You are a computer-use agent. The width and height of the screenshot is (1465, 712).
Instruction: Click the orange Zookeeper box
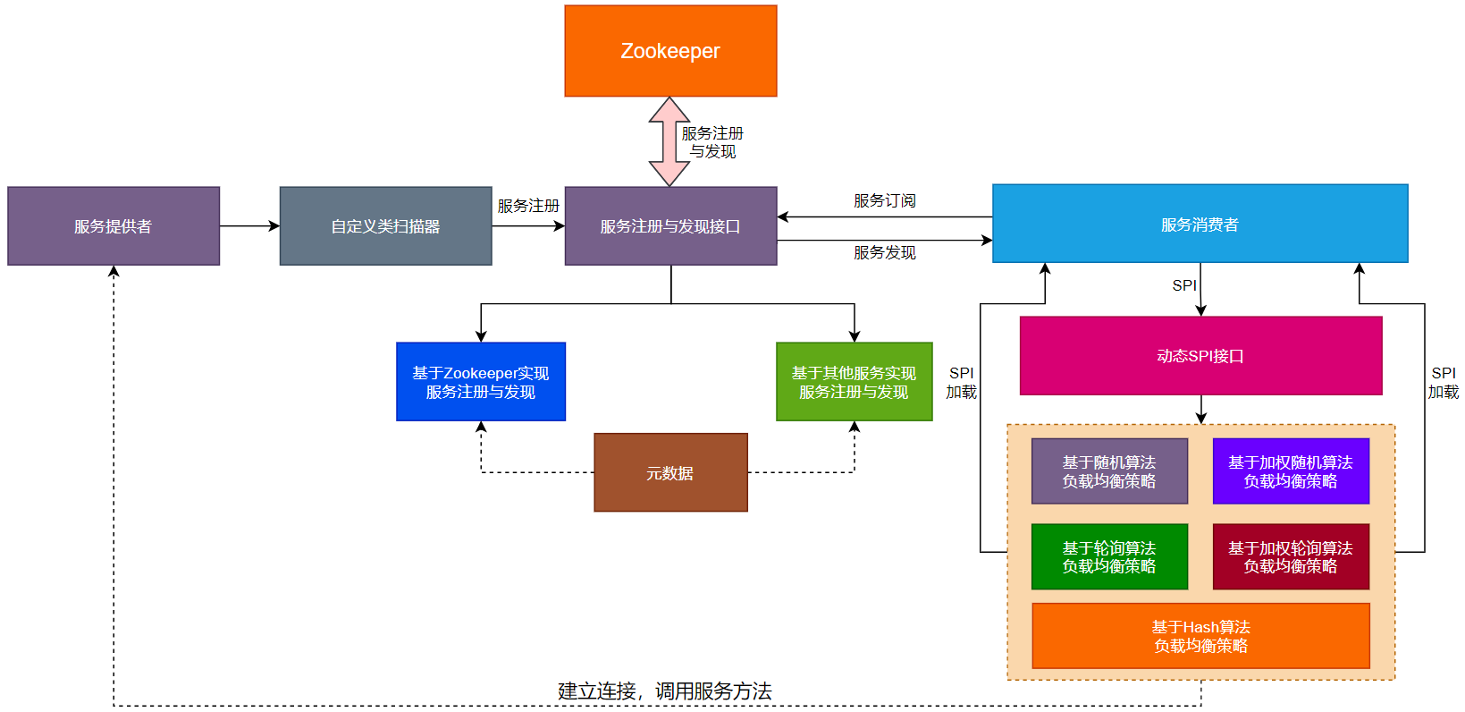tap(670, 51)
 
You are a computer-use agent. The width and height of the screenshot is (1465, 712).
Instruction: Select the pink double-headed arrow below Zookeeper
tap(669, 141)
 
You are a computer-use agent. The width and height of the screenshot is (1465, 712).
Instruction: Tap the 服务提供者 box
tap(114, 226)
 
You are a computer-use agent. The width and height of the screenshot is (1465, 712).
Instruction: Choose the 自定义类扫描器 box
tap(385, 226)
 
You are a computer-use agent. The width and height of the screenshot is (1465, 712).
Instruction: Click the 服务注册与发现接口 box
tap(670, 226)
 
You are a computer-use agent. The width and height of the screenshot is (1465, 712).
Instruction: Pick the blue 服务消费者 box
tap(1200, 224)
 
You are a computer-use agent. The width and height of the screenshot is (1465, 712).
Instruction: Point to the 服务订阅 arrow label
tap(884, 200)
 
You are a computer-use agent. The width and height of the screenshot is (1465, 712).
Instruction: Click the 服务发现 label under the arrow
tap(884, 252)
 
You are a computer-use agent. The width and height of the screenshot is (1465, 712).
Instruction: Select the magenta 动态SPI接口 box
tap(1200, 355)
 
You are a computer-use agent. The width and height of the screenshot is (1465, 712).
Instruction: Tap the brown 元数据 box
tap(670, 472)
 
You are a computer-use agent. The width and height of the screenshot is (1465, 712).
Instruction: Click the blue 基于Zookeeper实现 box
tap(481, 382)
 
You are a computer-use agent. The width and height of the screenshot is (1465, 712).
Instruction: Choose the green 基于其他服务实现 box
tap(854, 382)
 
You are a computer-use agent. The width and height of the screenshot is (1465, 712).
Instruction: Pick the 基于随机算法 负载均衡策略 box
tap(1109, 471)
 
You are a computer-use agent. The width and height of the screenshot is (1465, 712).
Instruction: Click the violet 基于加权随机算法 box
tap(1290, 471)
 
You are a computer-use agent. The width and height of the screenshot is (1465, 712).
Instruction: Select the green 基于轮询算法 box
tap(1109, 556)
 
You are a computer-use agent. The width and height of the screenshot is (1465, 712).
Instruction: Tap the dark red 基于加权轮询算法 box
tap(1290, 556)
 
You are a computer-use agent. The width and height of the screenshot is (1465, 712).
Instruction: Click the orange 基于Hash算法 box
tap(1200, 636)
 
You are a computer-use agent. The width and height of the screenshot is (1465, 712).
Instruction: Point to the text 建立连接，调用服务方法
tap(664, 691)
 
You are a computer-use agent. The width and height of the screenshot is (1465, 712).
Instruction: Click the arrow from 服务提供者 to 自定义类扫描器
tap(249, 226)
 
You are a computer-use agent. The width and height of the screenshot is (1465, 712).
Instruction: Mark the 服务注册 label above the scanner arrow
tap(528, 206)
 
